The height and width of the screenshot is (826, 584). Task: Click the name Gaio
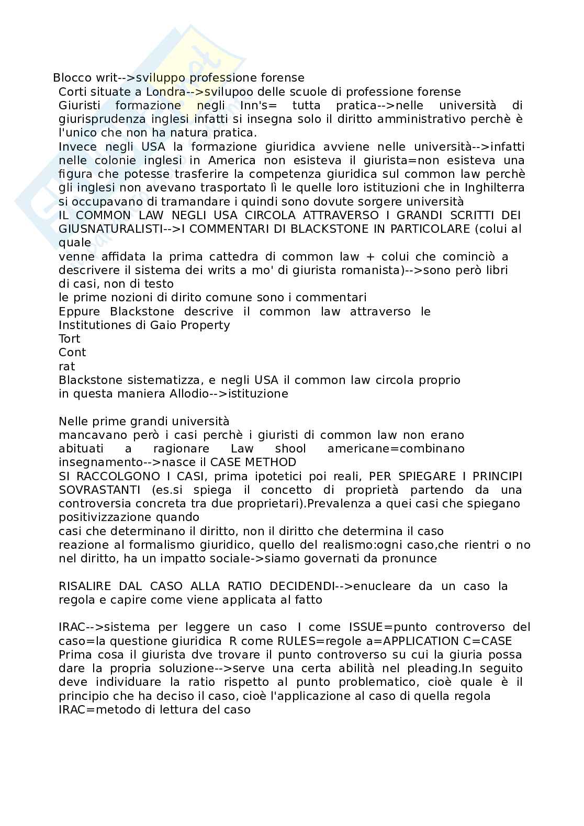point(164,325)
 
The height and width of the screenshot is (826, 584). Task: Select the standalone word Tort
point(69,339)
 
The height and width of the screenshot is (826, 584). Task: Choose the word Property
point(205,325)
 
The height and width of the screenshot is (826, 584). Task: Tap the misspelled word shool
point(290,449)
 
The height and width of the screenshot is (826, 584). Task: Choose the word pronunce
point(411,559)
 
